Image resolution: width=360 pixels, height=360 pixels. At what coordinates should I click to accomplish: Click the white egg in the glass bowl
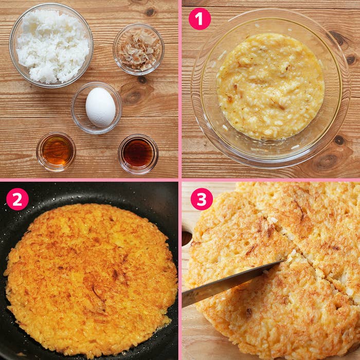(101, 107)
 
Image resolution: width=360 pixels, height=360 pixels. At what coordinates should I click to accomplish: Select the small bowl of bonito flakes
(138, 49)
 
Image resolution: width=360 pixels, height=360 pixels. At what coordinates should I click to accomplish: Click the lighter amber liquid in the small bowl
(56, 151)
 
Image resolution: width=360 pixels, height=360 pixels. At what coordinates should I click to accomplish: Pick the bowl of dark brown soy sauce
(138, 154)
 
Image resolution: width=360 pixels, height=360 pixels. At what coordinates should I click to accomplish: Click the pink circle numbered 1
(200, 19)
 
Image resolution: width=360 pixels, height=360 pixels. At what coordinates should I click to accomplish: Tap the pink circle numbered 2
(17, 199)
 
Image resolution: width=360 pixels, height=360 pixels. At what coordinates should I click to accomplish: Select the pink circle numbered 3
(202, 199)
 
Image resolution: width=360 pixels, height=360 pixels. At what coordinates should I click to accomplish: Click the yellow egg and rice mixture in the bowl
(271, 86)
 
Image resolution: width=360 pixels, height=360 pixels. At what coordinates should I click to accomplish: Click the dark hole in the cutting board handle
(186, 238)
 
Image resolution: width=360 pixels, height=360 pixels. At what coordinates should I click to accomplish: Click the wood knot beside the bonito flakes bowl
(150, 12)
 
